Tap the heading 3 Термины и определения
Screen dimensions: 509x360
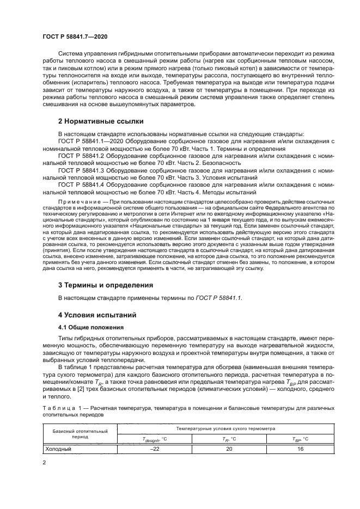105,285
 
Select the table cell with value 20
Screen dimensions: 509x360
229,450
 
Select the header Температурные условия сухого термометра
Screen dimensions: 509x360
228,428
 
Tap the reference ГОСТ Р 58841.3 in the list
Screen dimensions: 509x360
81,186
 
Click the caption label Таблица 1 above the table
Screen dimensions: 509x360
63,407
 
